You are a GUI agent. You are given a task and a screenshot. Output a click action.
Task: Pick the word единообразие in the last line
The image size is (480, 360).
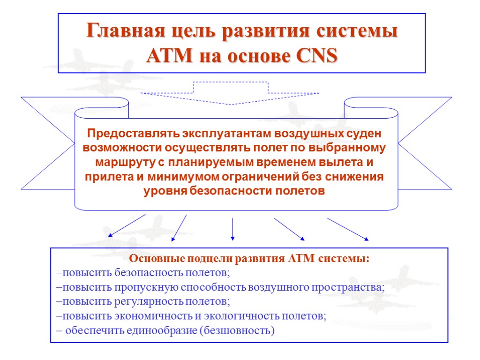pyautogui.click(x=160, y=330)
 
